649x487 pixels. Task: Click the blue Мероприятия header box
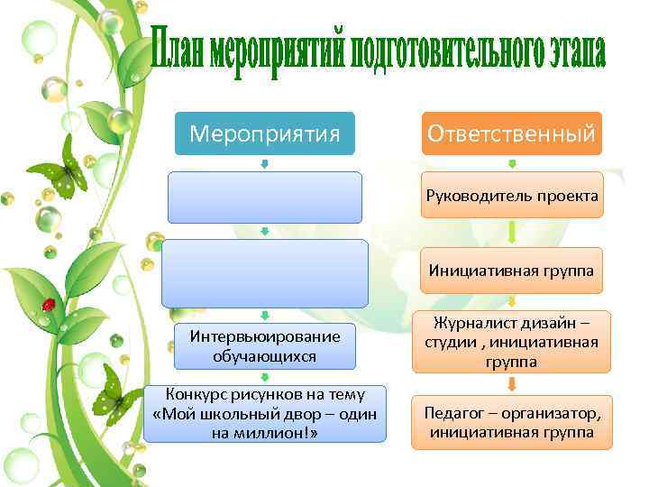point(264,133)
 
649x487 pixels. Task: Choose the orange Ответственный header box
point(511,133)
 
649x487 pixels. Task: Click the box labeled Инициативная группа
point(511,270)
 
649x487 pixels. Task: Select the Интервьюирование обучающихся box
point(264,345)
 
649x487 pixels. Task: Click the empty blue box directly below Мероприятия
point(264,197)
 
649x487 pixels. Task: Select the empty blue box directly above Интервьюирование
point(264,273)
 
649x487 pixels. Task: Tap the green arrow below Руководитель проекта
point(511,233)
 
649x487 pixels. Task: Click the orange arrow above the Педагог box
point(511,384)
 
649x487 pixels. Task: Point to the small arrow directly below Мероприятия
point(264,164)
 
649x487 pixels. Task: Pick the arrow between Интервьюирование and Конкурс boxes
point(264,377)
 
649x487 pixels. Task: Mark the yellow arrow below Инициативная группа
point(511,301)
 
